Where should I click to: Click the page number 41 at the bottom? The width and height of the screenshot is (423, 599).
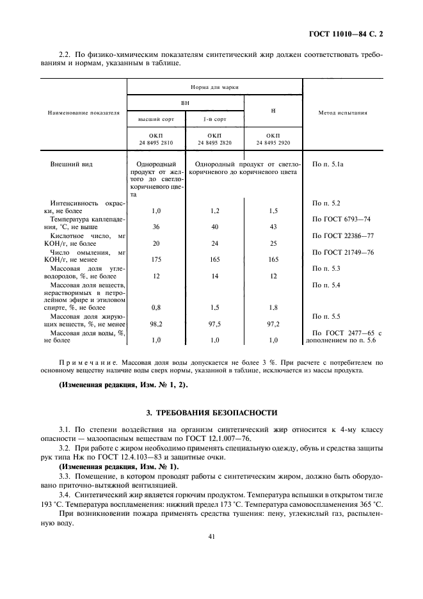[x=211, y=536]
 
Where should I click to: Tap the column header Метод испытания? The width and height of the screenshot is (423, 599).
[x=342, y=113]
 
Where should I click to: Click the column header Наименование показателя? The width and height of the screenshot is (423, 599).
[x=83, y=113]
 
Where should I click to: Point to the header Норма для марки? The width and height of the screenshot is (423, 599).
[x=214, y=86]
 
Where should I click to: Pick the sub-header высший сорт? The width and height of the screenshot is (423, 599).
[x=156, y=120]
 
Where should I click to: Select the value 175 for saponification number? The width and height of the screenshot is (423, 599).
[x=156, y=260]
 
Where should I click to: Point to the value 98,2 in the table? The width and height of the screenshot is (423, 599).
[x=156, y=324]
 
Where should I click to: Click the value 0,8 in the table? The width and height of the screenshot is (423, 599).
[x=156, y=307]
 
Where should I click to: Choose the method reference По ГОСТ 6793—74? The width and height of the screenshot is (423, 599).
[x=339, y=219]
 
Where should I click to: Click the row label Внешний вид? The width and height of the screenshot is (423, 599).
[x=72, y=164]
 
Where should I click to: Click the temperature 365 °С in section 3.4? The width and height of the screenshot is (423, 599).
[x=371, y=486]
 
